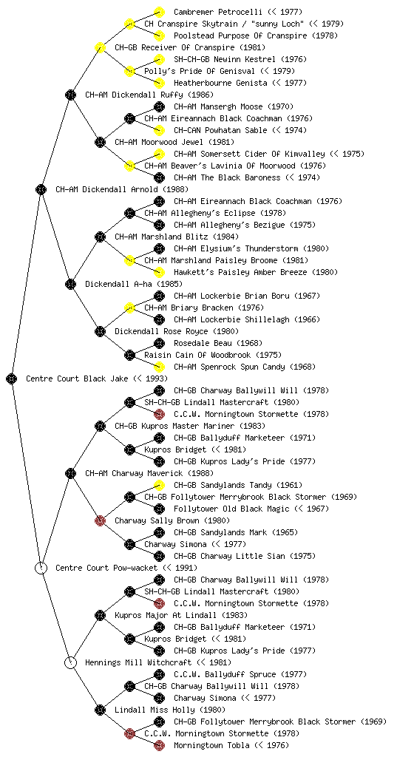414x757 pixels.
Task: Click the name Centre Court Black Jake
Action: [77, 378]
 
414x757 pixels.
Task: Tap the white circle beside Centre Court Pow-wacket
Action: [41, 568]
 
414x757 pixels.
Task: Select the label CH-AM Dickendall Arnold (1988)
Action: [122, 189]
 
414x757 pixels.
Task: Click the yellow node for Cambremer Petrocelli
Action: [159, 12]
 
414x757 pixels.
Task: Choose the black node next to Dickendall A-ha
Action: [71, 284]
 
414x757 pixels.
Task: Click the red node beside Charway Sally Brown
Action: [101, 520]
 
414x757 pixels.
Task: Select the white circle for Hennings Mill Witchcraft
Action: [71, 662]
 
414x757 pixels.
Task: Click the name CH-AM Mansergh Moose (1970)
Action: [234, 106]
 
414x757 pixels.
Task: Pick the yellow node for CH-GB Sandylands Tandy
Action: [159, 485]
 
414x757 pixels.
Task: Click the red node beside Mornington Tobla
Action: [159, 745]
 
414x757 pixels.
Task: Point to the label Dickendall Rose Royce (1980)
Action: [177, 331]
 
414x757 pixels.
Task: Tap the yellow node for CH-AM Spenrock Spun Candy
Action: [159, 367]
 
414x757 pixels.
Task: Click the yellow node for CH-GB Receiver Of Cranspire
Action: [101, 47]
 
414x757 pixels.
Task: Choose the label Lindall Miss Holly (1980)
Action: [170, 710]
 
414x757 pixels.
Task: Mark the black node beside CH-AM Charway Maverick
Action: [71, 473]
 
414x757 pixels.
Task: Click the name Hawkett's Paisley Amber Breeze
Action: [240, 272]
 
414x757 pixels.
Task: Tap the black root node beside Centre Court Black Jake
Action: [12, 378]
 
